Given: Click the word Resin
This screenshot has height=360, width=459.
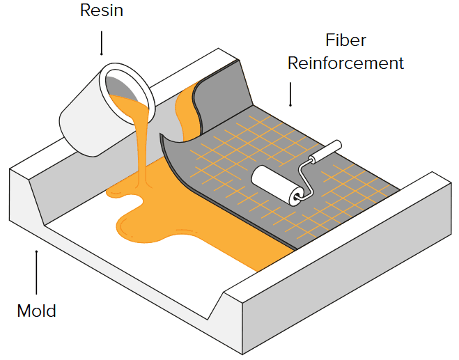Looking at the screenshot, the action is (x=102, y=10).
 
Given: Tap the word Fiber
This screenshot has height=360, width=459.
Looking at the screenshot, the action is (x=345, y=40).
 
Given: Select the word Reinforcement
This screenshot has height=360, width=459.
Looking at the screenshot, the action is (x=345, y=63).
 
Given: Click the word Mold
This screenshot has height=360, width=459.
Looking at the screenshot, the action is (x=37, y=311).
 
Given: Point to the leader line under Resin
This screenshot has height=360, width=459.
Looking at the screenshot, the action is (x=102, y=42).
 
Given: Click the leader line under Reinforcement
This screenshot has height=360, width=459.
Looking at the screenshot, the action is (x=290, y=94).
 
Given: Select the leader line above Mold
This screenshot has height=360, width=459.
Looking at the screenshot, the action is (x=37, y=272).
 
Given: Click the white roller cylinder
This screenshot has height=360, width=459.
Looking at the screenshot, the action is (x=274, y=184).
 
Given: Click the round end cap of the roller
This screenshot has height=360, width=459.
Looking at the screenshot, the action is (x=297, y=196).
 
